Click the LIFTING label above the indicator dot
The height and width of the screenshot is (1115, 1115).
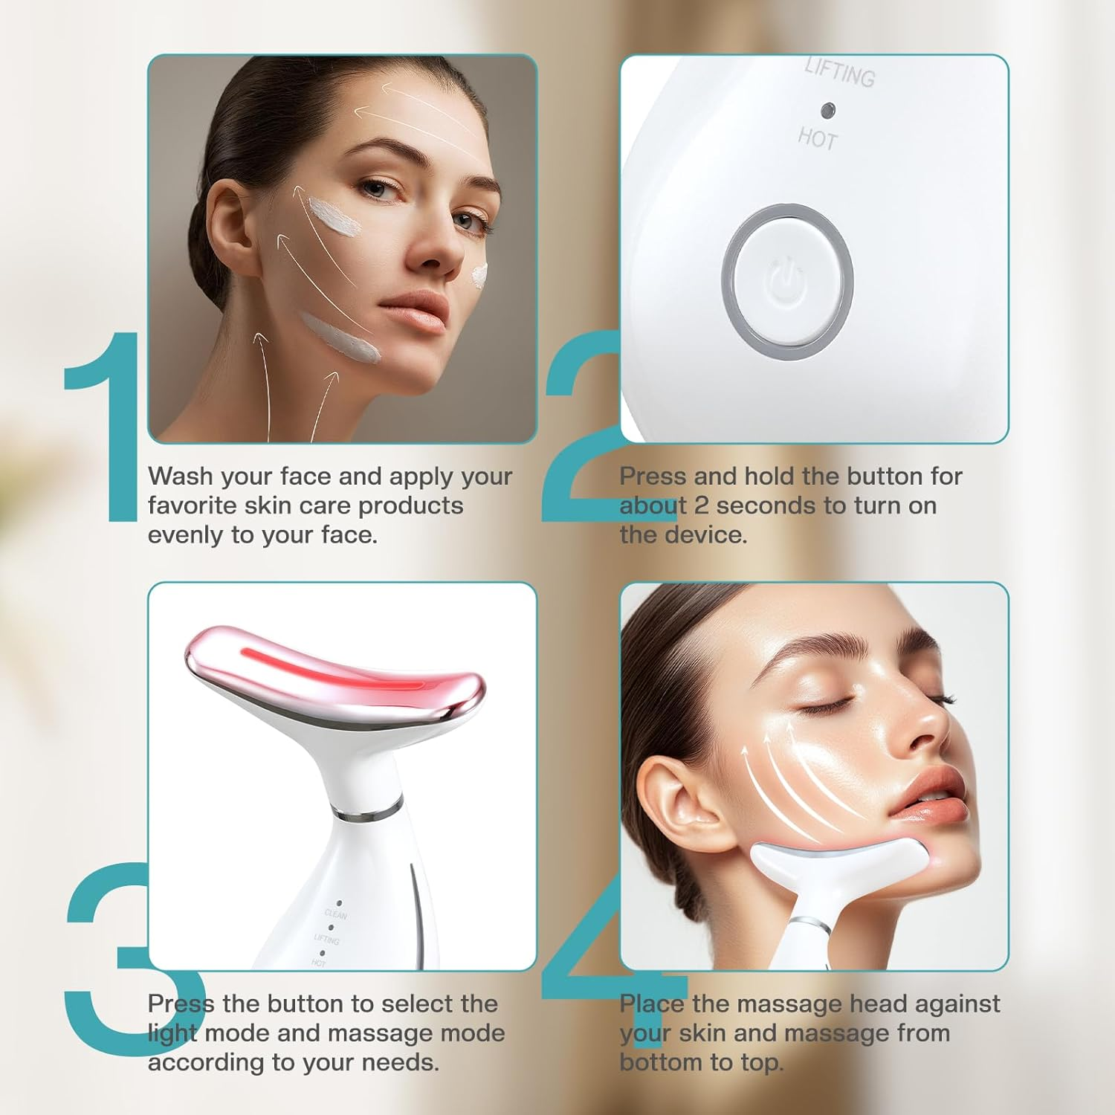click(x=840, y=73)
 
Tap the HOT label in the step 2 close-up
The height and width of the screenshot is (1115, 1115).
click(x=818, y=138)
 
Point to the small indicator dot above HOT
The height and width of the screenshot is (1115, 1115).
click(x=827, y=110)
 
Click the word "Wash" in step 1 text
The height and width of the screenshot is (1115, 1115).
click(x=180, y=476)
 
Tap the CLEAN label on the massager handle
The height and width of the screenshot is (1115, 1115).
click(x=335, y=914)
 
